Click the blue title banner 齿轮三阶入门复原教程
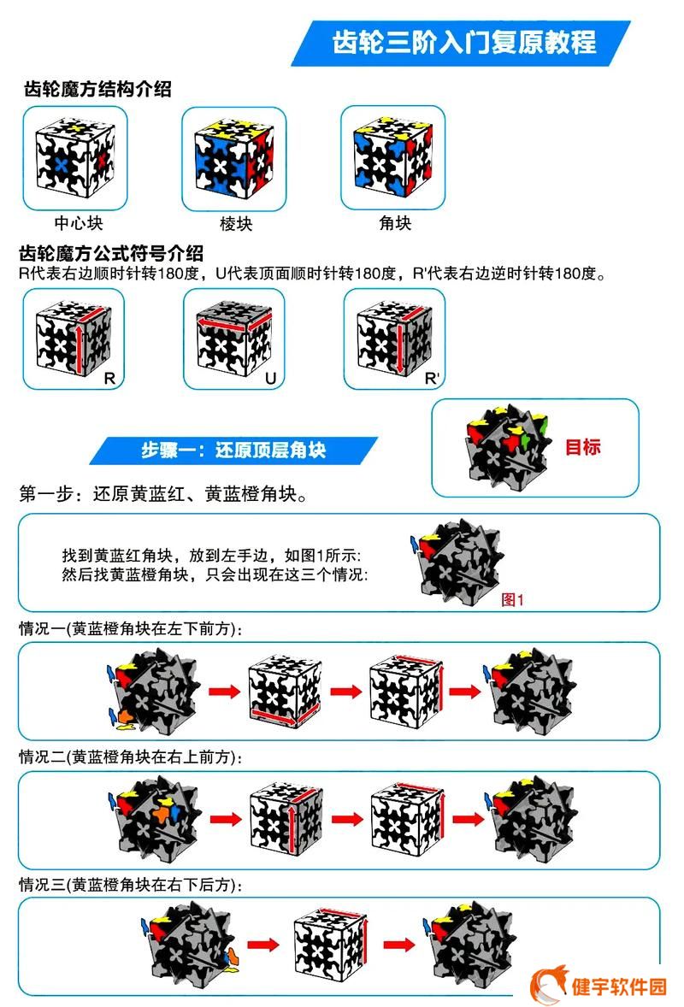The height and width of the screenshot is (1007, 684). tap(461, 43)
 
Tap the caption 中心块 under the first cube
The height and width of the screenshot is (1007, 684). tap(79, 223)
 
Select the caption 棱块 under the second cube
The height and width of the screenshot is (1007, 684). tap(236, 223)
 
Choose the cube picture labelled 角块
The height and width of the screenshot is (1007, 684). tap(393, 157)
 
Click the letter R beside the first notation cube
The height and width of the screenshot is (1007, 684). tap(109, 379)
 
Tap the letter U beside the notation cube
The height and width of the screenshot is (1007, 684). tap(270, 379)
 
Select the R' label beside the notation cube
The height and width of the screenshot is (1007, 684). tap(433, 379)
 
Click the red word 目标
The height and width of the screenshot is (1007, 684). tap(582, 446)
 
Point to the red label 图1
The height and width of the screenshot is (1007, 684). tap(512, 600)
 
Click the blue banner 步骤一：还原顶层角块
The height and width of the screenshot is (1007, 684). tap(233, 450)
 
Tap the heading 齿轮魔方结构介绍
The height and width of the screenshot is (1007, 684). tap(97, 89)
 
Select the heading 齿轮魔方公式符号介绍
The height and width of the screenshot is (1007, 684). tap(110, 253)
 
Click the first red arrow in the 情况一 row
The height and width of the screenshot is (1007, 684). tap(225, 692)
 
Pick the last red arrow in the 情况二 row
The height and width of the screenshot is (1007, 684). tap(469, 819)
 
